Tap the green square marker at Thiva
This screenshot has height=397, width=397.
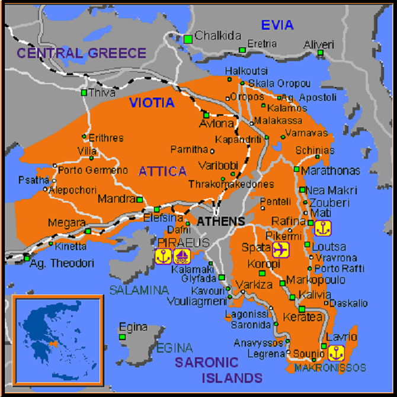coord(84,92)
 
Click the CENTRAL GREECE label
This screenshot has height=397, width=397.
coord(81,53)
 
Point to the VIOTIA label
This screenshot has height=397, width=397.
coord(152,103)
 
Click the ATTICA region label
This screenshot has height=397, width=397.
coord(162,172)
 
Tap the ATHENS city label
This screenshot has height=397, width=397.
coord(220,222)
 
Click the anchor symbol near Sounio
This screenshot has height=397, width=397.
coord(335,353)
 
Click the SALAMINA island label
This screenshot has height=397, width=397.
coord(139,290)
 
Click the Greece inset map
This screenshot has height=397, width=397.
coord(57,337)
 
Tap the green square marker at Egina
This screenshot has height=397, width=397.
coord(123,337)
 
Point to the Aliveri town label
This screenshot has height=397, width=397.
coord(319,44)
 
